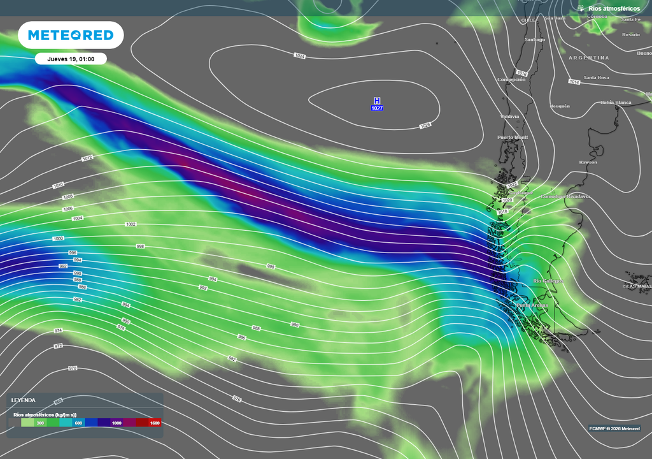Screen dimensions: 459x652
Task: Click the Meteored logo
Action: tap(70, 35)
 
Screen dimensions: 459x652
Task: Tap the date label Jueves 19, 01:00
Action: tap(71, 59)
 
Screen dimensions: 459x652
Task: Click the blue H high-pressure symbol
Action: tap(377, 101)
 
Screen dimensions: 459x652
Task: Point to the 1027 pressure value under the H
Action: tap(377, 108)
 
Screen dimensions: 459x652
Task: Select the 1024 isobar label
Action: tap(300, 56)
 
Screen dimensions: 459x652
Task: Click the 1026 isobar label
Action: tap(425, 126)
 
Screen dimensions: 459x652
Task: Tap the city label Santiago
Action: tap(534, 40)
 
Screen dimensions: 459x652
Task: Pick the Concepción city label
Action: tap(511, 80)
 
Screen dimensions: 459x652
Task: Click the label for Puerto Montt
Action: tap(513, 137)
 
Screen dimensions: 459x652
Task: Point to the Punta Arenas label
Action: tap(532, 305)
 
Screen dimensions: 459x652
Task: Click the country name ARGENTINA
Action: tap(589, 58)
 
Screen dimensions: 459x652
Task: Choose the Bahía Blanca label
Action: tap(616, 102)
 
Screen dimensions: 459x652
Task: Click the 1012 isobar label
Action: tap(88, 158)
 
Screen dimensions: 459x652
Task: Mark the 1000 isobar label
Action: tap(59, 238)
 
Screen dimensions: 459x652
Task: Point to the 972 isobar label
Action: tap(58, 346)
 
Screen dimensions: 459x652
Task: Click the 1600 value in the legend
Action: tap(154, 423)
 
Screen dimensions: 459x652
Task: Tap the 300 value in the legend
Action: tap(40, 423)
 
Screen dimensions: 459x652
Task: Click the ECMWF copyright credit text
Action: tap(614, 428)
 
